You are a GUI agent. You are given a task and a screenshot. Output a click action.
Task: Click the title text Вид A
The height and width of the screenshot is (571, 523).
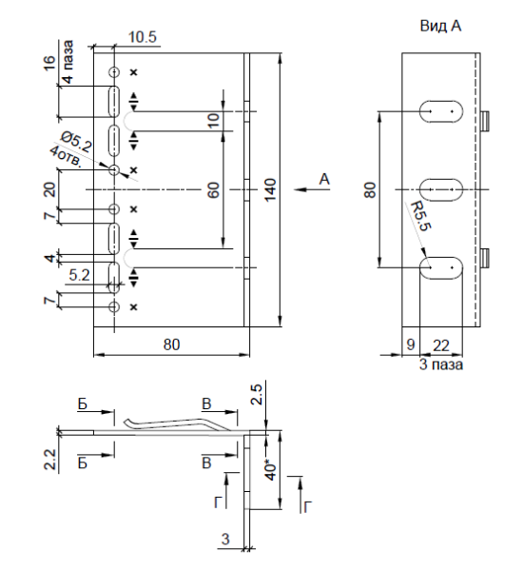tap(441, 28)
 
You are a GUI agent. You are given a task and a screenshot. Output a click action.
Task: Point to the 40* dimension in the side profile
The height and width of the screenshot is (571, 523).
tap(270, 471)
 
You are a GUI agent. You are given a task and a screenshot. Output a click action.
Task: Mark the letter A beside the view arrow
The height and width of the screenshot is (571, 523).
tap(326, 179)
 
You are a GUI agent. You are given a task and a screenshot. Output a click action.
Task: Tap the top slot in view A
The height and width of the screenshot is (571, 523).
tap(441, 111)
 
